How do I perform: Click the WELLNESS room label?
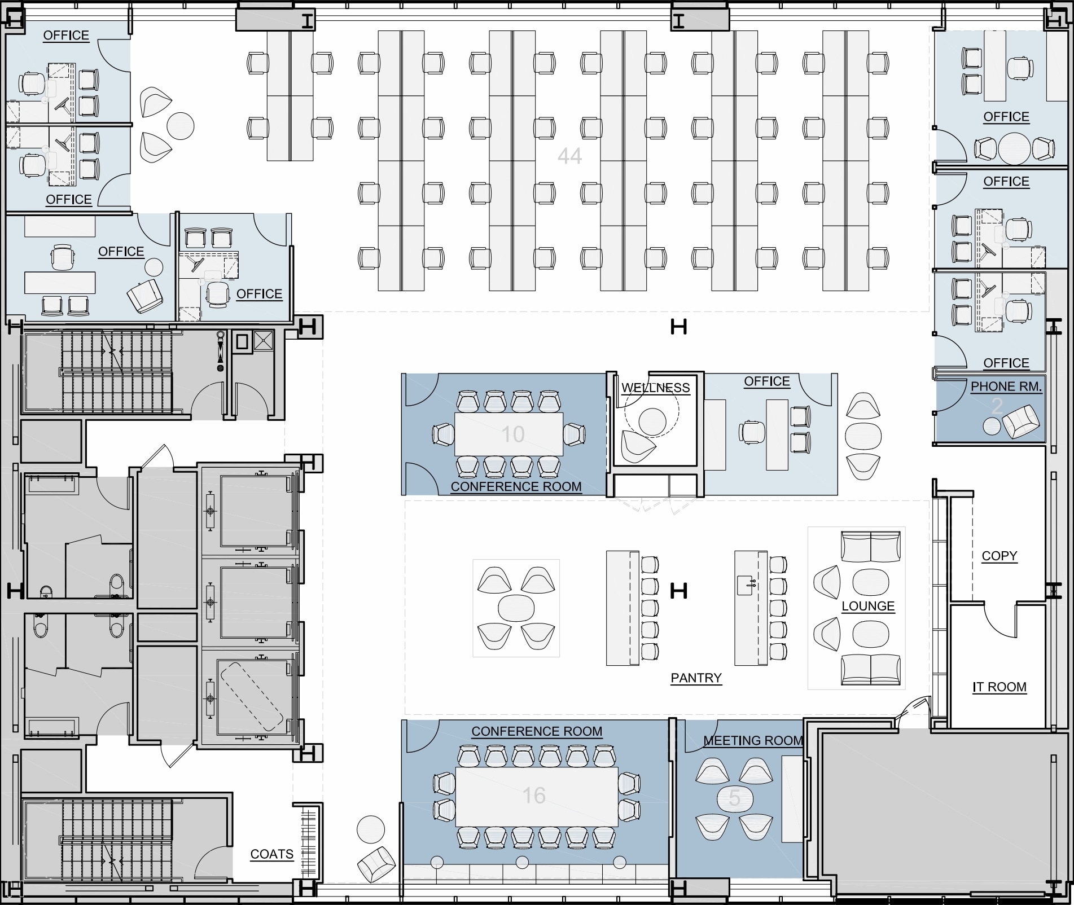(655, 388)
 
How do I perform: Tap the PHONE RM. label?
(1006, 386)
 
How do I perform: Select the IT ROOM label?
(999, 687)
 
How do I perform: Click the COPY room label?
(999, 556)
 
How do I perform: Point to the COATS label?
(271, 854)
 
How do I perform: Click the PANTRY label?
(696, 678)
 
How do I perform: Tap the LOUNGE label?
(867, 606)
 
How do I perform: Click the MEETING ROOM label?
(753, 740)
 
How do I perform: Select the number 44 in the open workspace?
(569, 156)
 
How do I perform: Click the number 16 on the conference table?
(533, 796)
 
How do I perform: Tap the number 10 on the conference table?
(512, 434)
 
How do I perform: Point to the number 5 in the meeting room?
(734, 798)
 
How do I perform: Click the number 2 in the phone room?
(997, 406)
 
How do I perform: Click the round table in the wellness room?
(652, 421)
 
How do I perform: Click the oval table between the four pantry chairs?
(516, 608)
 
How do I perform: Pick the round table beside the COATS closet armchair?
(371, 829)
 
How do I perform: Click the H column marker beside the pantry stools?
(678, 591)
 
